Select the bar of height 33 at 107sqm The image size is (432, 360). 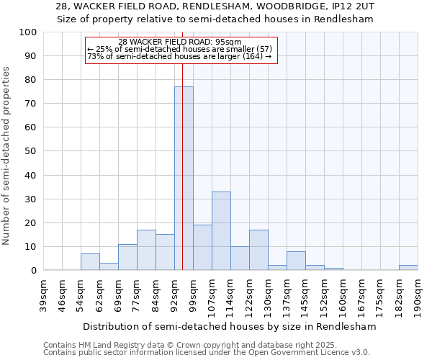point(221,230)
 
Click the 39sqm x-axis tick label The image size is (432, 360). point(43,295)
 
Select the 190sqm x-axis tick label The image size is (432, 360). point(418,295)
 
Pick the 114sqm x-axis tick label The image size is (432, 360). point(230,295)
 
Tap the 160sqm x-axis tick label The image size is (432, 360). point(343,295)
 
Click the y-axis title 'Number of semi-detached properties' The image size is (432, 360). point(6,156)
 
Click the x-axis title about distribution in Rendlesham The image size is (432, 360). point(230,326)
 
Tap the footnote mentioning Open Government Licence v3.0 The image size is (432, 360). point(207,353)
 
